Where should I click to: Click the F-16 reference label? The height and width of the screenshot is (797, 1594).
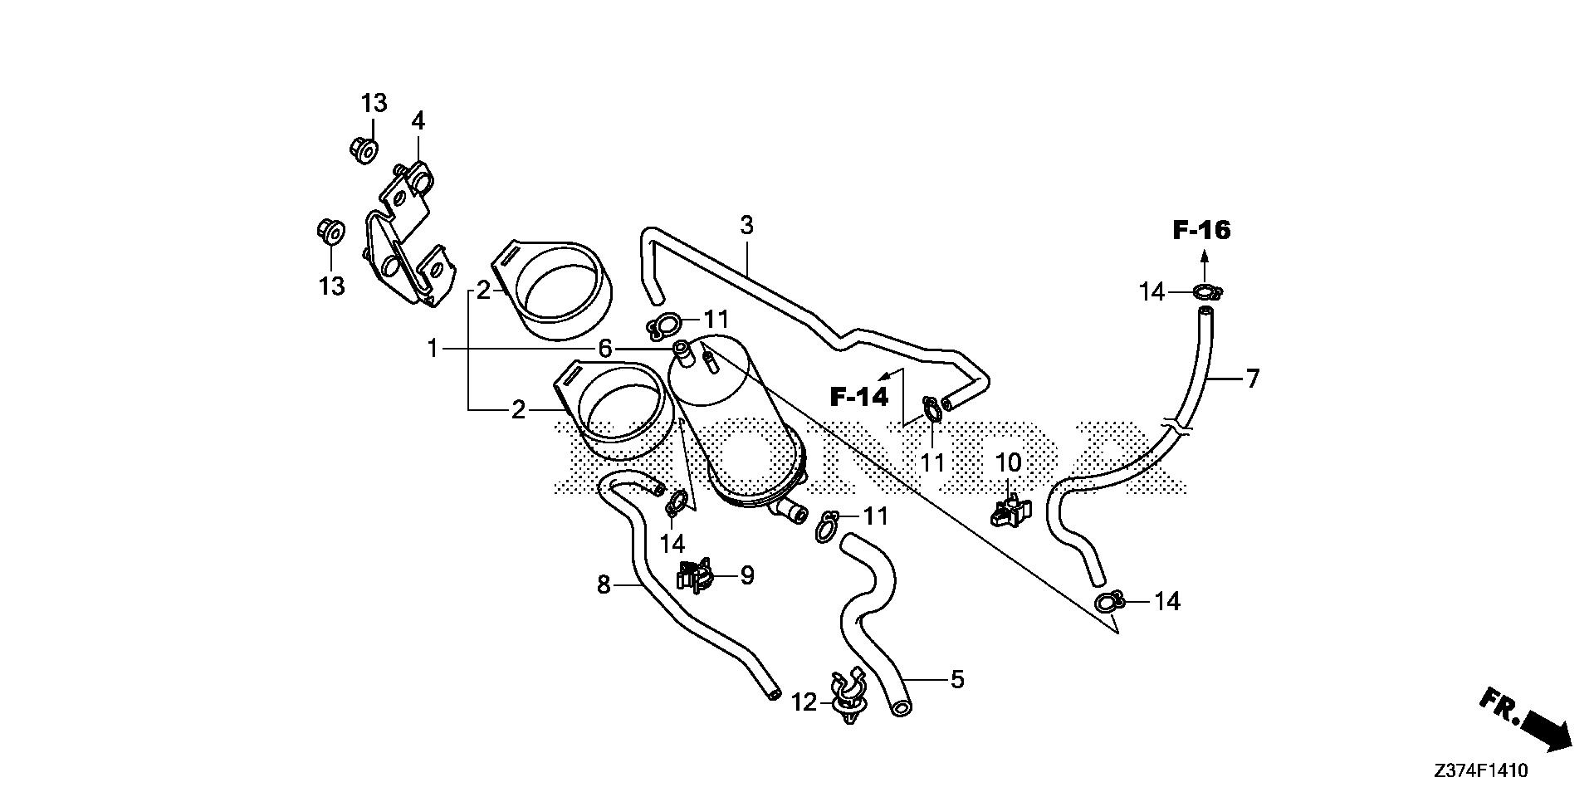1201,230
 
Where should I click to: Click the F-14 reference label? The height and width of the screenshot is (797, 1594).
859,397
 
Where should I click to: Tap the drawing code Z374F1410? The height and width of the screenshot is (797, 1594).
1480,771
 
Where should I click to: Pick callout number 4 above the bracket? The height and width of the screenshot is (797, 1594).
418,121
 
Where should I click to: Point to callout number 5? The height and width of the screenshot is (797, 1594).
957,680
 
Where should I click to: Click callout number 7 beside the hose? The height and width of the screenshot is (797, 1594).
1252,379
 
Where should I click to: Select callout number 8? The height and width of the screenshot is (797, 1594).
604,585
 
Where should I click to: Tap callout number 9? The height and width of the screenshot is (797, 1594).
747,575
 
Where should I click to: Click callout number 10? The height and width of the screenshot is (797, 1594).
1008,462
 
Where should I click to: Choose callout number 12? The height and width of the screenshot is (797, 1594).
804,703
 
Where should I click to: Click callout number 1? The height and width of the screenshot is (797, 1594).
432,349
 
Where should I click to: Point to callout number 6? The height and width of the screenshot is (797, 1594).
604,349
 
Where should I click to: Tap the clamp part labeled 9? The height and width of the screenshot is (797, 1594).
696,575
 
